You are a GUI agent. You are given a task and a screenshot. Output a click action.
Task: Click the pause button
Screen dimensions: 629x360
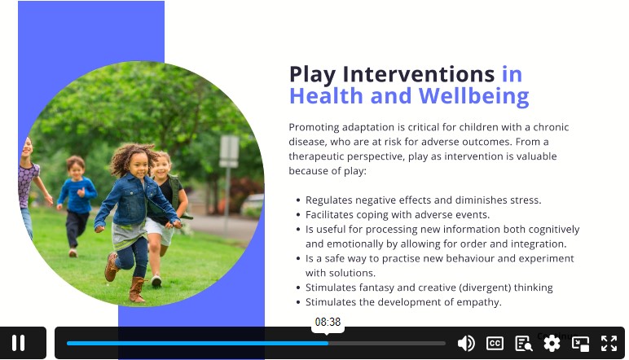click(19, 343)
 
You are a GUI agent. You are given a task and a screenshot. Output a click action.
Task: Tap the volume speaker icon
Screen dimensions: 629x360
click(466, 344)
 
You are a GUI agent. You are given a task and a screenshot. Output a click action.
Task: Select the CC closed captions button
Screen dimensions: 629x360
click(495, 344)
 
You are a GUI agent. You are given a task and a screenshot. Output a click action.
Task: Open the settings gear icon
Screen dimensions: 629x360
click(552, 344)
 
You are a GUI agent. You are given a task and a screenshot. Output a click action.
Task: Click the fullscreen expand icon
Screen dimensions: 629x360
click(609, 344)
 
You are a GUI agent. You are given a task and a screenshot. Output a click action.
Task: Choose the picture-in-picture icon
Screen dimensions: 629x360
click(580, 344)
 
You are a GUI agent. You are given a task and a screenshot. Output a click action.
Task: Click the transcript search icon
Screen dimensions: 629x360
click(524, 344)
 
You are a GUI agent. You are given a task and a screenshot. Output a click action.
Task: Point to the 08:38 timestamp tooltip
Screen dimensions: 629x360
click(328, 322)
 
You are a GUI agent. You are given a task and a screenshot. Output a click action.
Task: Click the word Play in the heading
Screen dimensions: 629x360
click(313, 75)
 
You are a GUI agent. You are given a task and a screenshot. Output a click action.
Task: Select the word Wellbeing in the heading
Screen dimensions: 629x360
click(473, 96)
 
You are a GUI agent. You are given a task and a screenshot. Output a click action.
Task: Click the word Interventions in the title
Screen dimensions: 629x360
click(419, 74)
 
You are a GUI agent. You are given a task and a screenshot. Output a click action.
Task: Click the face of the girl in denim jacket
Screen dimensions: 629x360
click(139, 165)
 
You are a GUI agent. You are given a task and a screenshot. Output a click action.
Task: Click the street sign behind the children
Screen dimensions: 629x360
click(229, 151)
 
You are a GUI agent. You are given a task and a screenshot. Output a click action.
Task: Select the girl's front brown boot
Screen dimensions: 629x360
click(137, 289)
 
